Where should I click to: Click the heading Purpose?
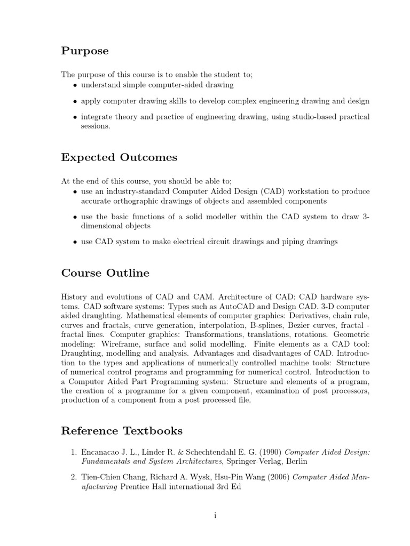coord(85,51)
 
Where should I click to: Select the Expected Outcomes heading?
coord(119,157)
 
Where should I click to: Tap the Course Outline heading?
coord(105,273)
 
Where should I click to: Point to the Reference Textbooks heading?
coord(122,430)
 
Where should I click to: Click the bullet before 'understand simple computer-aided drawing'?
coord(75,85)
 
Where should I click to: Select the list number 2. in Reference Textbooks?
coord(74,477)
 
